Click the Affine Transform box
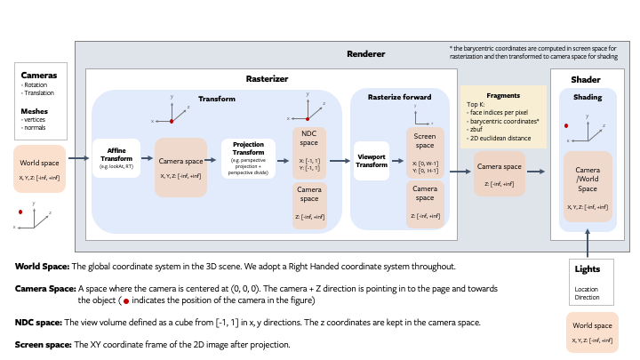coord(116,158)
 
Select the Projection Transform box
coord(249,158)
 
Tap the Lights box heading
coord(588,268)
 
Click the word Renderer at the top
coord(365,54)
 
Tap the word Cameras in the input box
coord(39,76)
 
